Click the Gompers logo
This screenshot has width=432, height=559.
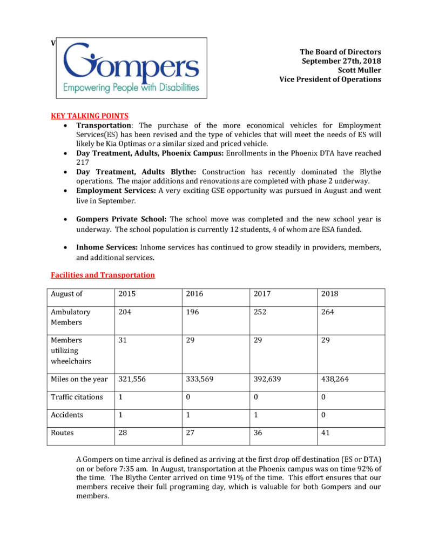pos(132,68)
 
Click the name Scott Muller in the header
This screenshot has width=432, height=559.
pos(359,70)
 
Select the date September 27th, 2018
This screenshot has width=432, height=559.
pos(341,60)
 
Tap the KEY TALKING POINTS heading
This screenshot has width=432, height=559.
pos(90,116)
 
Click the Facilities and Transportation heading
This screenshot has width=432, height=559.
pos(103,275)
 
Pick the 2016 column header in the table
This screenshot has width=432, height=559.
pos(195,294)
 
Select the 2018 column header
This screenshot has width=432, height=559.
pos(330,294)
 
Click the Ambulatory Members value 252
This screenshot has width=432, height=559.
pos(261,312)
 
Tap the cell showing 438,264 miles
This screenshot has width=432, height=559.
pos(335,379)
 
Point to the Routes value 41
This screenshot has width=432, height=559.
pos(326,433)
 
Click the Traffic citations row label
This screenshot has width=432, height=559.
pos(77,397)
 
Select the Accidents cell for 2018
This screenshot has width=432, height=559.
pos(323,415)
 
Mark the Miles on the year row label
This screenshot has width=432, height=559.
pos(79,379)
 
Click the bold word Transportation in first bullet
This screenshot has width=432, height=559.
pos(104,125)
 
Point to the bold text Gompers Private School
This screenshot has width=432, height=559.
pos(122,219)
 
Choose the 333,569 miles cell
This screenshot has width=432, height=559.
pos(199,379)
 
